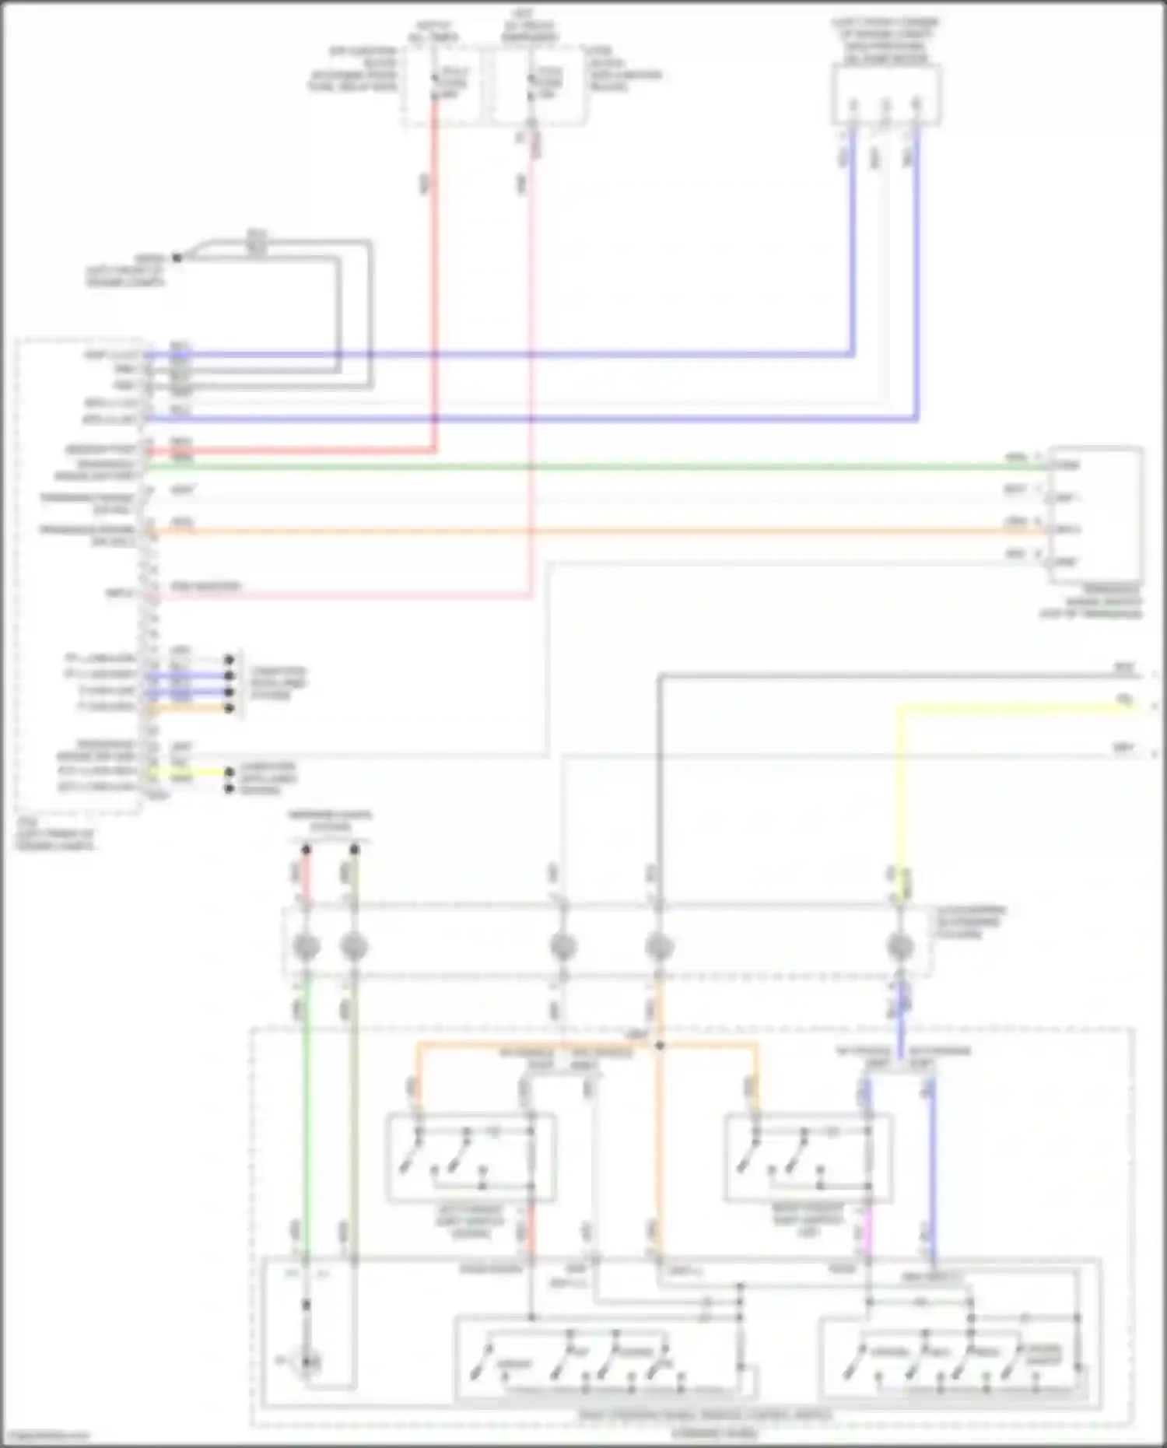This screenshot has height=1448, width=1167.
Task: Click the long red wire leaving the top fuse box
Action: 434,272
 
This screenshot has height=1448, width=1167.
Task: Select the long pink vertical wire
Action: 532,350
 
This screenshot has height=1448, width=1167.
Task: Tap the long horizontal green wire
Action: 591,467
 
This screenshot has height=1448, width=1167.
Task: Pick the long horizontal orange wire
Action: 591,532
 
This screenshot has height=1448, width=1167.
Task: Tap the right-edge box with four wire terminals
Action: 1095,514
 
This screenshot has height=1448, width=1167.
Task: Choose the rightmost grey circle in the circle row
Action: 900,947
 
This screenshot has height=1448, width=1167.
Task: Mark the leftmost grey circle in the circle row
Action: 306,947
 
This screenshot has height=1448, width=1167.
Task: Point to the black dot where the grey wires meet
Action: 177,257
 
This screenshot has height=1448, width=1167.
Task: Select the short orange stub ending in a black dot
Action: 194,708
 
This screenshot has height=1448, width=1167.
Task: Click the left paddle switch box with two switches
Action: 470,1158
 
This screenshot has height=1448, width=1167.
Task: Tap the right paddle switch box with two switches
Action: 809,1158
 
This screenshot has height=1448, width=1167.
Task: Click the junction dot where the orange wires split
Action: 659,1046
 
